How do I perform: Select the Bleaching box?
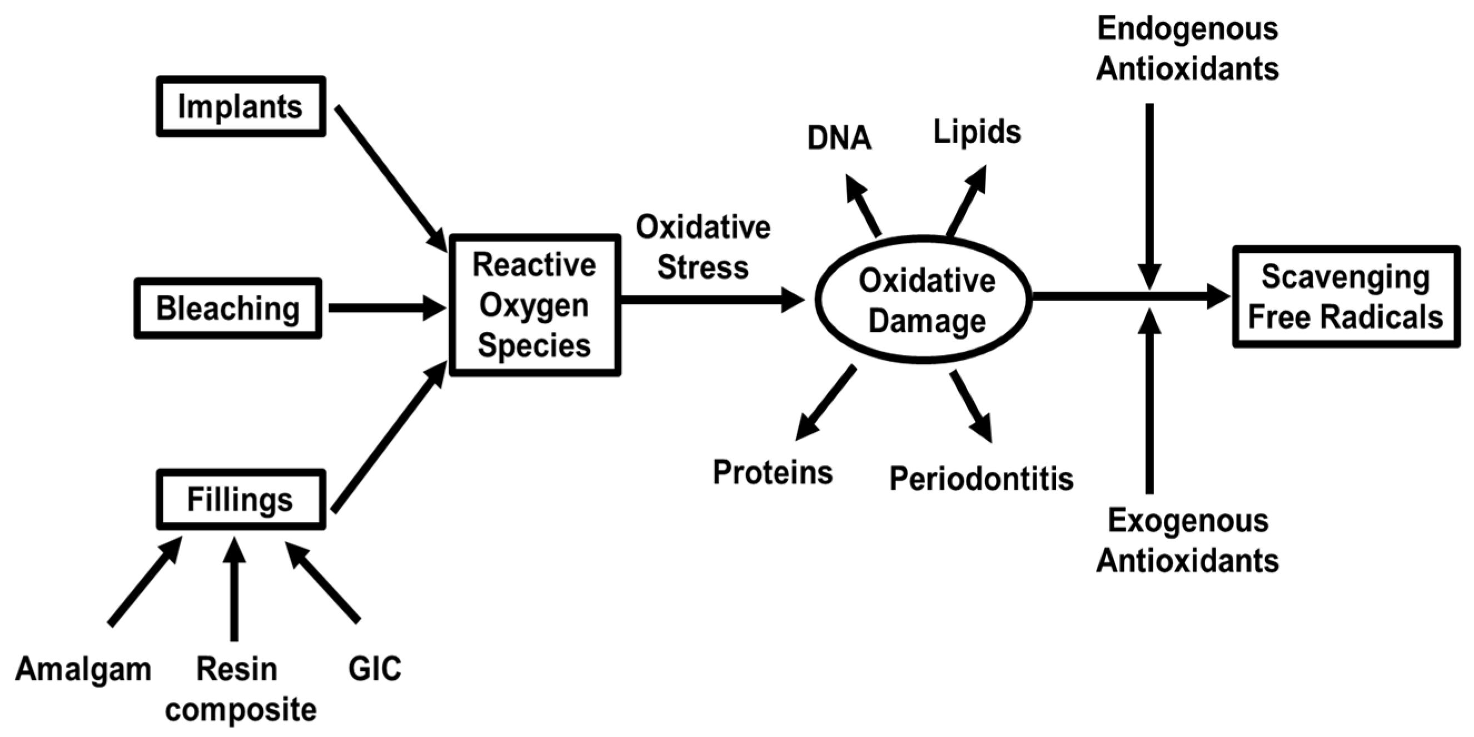pyautogui.click(x=228, y=308)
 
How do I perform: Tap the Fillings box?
pyautogui.click(x=241, y=500)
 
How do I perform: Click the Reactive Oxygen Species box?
pyautogui.click(x=535, y=305)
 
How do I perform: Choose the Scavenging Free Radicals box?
pyautogui.click(x=1345, y=296)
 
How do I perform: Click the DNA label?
pyautogui.click(x=839, y=138)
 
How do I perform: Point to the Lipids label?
pyautogui.click(x=977, y=132)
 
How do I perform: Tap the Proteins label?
pyautogui.click(x=773, y=472)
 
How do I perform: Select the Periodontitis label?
pyautogui.click(x=981, y=479)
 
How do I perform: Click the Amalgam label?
pyautogui.click(x=83, y=668)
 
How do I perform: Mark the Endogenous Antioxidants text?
pyautogui.click(x=1187, y=49)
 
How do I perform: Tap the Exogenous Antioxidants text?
pyautogui.click(x=1187, y=540)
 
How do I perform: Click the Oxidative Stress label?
pyautogui.click(x=703, y=247)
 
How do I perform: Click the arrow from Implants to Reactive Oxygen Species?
pyautogui.click(x=389, y=177)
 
